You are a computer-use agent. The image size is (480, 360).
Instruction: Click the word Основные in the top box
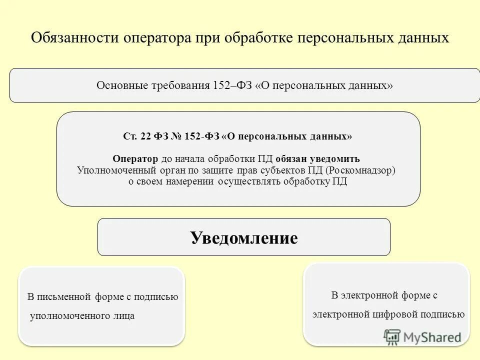tap(118, 85)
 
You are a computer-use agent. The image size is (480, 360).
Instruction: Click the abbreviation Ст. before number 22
tap(130, 136)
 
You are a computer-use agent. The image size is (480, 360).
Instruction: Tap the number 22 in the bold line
tap(145, 136)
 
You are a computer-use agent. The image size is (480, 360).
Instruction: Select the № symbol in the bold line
tap(176, 136)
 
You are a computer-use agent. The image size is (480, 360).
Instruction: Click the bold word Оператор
tap(135, 159)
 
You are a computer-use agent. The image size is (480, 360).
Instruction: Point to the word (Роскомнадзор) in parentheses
tap(360, 170)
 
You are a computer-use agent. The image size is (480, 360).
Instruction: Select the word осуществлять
tap(249, 181)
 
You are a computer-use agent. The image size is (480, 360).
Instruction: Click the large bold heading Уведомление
tap(244, 237)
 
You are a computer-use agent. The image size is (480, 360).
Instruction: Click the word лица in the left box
tap(124, 316)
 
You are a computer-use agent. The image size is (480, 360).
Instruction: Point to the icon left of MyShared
tap(392, 337)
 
